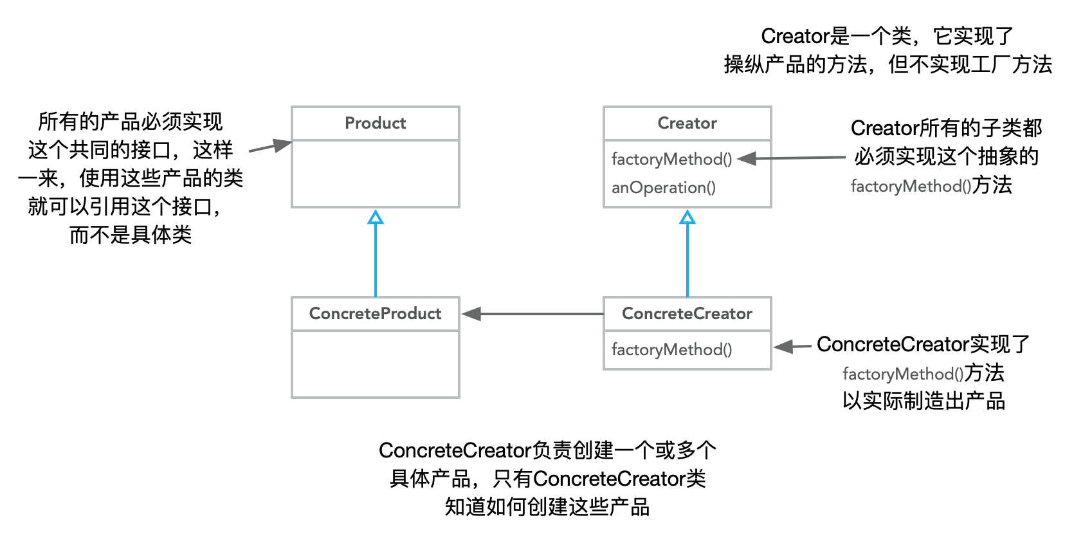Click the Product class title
[375, 123]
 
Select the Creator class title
[687, 123]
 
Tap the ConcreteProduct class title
[375, 313]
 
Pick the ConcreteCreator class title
[687, 313]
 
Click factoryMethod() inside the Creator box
[671, 159]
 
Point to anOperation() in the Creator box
[663, 187]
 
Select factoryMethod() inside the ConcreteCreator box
[671, 349]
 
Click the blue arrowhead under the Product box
[376, 217]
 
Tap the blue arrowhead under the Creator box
[687, 217]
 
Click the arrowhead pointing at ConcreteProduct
[471, 314]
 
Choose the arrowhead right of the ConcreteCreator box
[783, 347]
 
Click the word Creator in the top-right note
[796, 36]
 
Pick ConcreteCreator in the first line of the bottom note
[455, 450]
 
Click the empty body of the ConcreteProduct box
[376, 364]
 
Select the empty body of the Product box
[376, 174]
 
